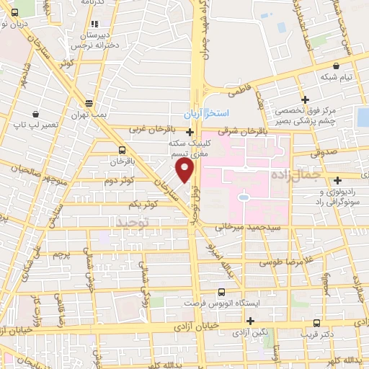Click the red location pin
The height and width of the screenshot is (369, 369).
click(184, 170)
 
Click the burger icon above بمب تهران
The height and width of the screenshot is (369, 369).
click(88, 104)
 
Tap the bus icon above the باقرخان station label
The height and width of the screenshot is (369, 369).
click(121, 149)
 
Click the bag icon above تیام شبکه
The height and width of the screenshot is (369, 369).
click(336, 66)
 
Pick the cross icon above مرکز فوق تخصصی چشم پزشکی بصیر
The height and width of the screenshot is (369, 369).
click(306, 99)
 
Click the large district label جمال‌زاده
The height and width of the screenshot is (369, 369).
click(298, 175)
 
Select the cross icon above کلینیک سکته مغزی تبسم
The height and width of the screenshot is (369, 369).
click(190, 132)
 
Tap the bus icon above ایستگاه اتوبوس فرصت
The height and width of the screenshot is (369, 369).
click(221, 292)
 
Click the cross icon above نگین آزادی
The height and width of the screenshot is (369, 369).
click(250, 321)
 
